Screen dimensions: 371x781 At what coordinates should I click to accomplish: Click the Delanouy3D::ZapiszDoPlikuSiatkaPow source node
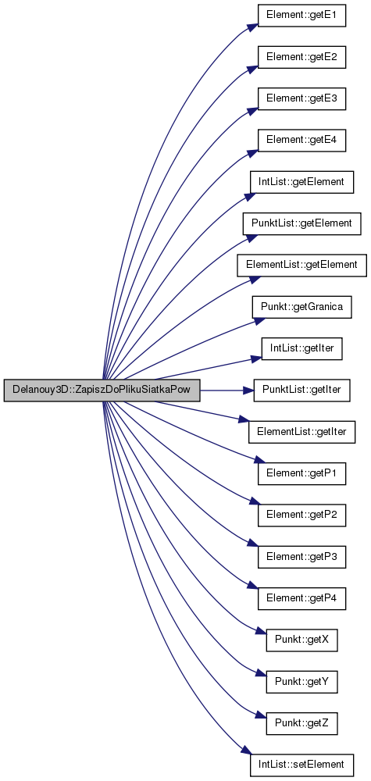pyautogui.click(x=102, y=390)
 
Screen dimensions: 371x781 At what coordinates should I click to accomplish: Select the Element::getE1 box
pyautogui.click(x=301, y=16)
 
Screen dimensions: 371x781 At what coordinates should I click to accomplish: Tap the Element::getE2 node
pyautogui.click(x=301, y=58)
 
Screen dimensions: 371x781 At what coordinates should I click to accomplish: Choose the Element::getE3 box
pyautogui.click(x=301, y=99)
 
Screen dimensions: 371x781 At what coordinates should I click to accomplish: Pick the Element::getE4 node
pyautogui.click(x=301, y=141)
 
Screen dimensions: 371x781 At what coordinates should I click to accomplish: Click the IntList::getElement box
pyautogui.click(x=301, y=182)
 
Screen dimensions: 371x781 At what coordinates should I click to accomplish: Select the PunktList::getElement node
pyautogui.click(x=301, y=223)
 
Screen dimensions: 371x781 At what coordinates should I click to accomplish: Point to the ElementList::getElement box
pyautogui.click(x=301, y=265)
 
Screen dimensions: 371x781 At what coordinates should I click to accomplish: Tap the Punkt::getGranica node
pyautogui.click(x=301, y=306)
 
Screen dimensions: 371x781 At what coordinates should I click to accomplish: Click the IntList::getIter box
pyautogui.click(x=301, y=348)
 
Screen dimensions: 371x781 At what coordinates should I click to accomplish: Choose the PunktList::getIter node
pyautogui.click(x=301, y=390)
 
